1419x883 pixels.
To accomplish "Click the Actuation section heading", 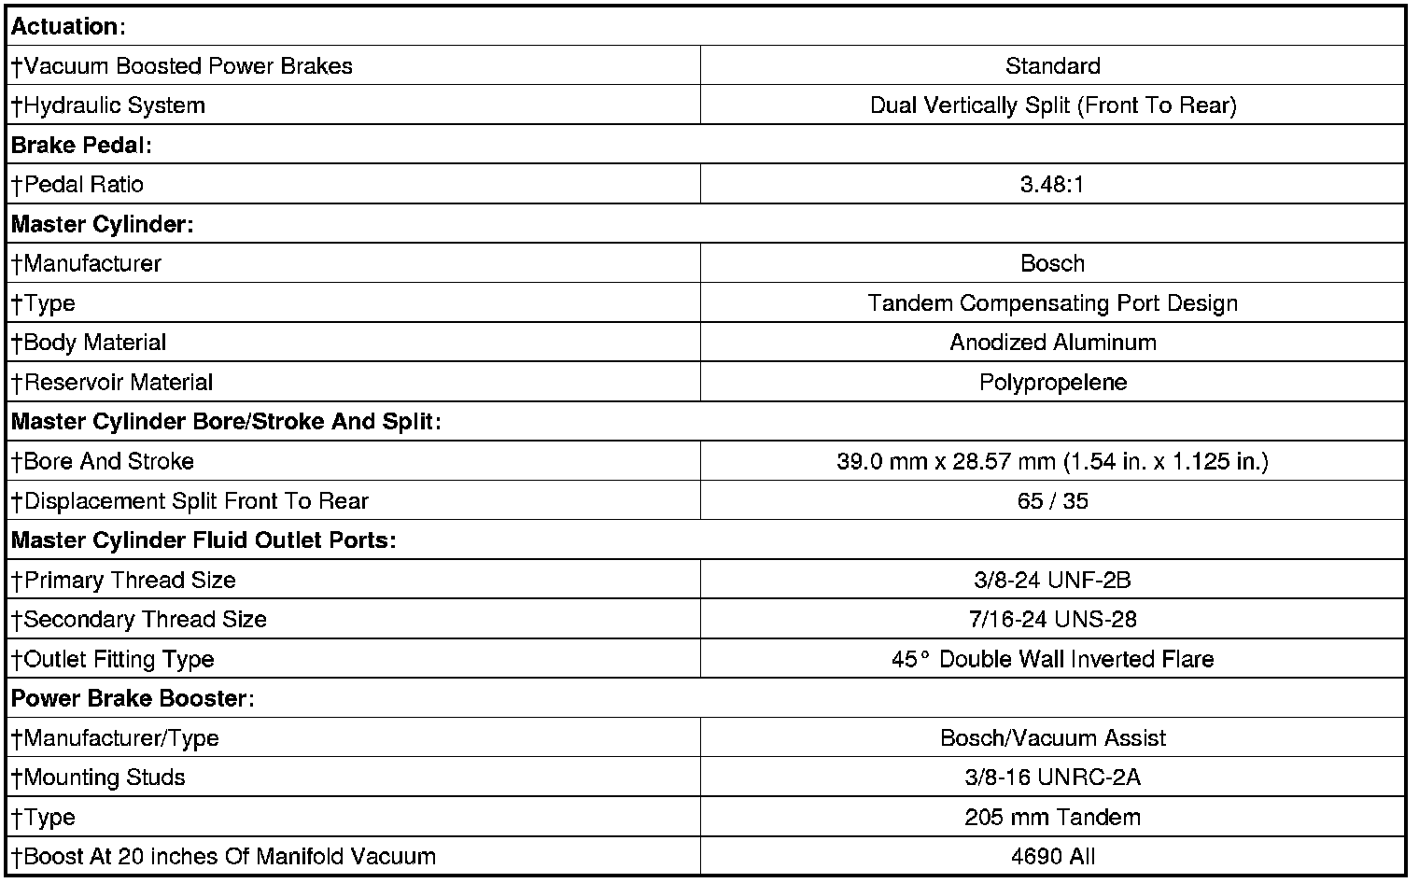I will (x=67, y=26).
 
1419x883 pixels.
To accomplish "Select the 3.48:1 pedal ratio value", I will (x=1052, y=184).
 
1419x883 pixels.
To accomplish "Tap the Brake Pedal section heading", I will (x=81, y=145).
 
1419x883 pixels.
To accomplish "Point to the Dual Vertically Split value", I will (x=1052, y=105).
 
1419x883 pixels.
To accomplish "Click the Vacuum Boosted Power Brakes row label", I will (x=182, y=66).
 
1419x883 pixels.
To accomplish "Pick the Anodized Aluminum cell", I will (x=1052, y=343).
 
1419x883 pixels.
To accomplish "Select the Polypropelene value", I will (x=1052, y=382).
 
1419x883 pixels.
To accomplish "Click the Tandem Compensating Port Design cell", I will (x=1052, y=303).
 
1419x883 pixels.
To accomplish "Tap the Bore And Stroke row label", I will (x=103, y=461).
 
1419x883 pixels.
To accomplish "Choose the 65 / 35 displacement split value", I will (x=1052, y=501).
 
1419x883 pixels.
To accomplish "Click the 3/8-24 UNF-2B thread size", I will (x=1052, y=580).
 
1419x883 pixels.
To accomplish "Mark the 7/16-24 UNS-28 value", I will (x=1052, y=619).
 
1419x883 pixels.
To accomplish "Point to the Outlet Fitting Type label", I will (x=113, y=659).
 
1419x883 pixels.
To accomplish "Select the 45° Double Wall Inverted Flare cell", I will (x=1052, y=659).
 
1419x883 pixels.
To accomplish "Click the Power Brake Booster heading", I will (x=133, y=698).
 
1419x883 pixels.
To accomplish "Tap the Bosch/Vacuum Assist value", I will (x=1052, y=738).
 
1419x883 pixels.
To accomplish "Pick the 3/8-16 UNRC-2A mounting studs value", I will (x=1052, y=778).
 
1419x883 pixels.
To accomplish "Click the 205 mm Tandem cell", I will (x=1052, y=817).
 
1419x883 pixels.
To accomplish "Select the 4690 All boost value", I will (x=1052, y=856).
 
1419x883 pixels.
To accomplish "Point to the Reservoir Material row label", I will (x=112, y=382).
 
